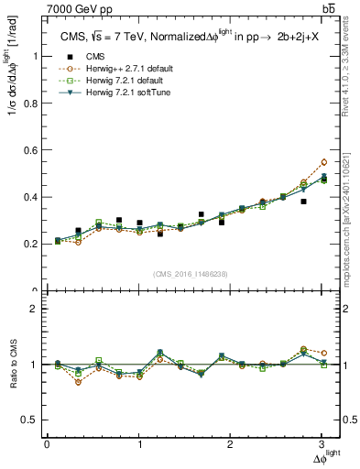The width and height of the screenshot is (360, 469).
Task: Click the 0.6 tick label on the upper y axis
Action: [x=32, y=149]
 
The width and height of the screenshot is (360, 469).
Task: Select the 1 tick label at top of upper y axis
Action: [x=36, y=56]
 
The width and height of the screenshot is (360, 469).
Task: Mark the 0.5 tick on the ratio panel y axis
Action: [x=32, y=420]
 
